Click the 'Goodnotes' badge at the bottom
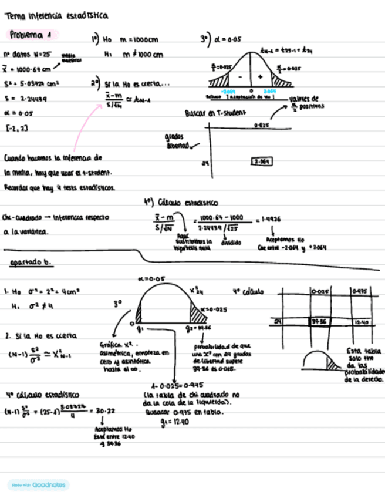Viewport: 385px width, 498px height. (x=39, y=485)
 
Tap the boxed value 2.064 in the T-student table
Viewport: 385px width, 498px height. (x=262, y=161)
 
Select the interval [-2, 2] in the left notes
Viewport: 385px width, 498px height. (x=14, y=127)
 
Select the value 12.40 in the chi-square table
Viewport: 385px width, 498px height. (x=362, y=322)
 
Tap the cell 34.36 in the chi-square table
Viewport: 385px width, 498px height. (x=319, y=322)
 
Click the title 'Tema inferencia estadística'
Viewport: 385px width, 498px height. (x=56, y=16)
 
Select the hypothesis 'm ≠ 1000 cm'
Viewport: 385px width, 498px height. (x=142, y=55)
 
